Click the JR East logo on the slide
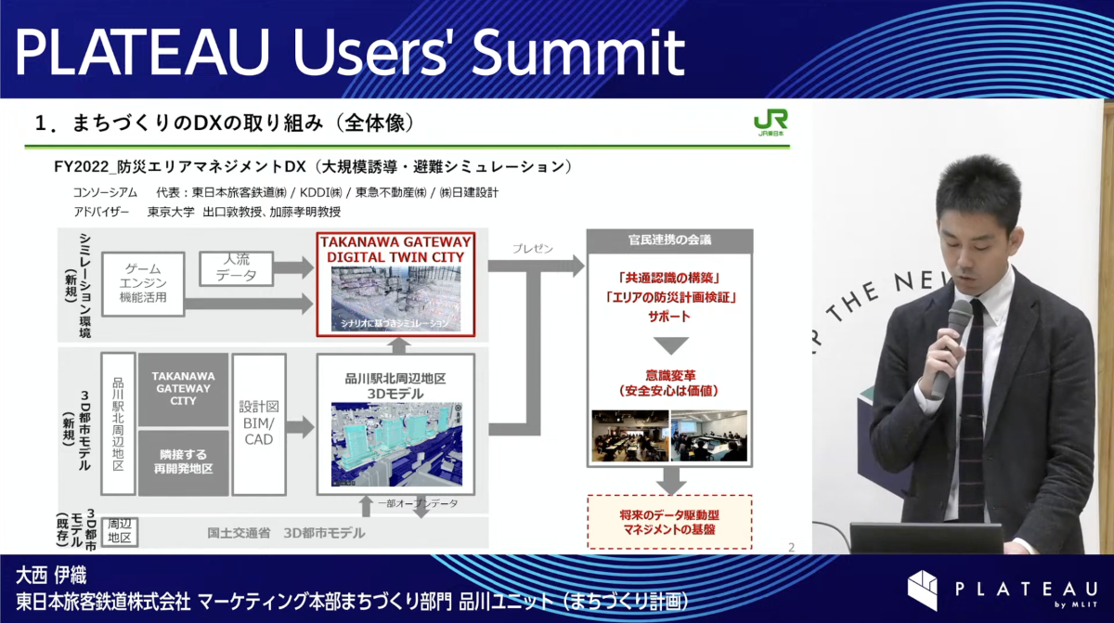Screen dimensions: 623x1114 click(771, 124)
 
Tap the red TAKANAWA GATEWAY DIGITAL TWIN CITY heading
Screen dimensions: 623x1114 click(395, 248)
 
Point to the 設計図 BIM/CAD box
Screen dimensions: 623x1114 click(259, 422)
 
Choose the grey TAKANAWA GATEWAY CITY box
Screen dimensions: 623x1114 click(183, 388)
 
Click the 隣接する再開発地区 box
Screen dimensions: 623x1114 click(183, 461)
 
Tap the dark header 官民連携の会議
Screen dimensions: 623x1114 click(669, 240)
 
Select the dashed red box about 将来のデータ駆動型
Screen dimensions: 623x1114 click(669, 521)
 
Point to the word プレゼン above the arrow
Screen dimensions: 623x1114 click(532, 250)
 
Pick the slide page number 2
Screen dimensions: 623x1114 click(790, 547)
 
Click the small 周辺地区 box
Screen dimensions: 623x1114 click(120, 532)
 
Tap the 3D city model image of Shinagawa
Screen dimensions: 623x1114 click(395, 444)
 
